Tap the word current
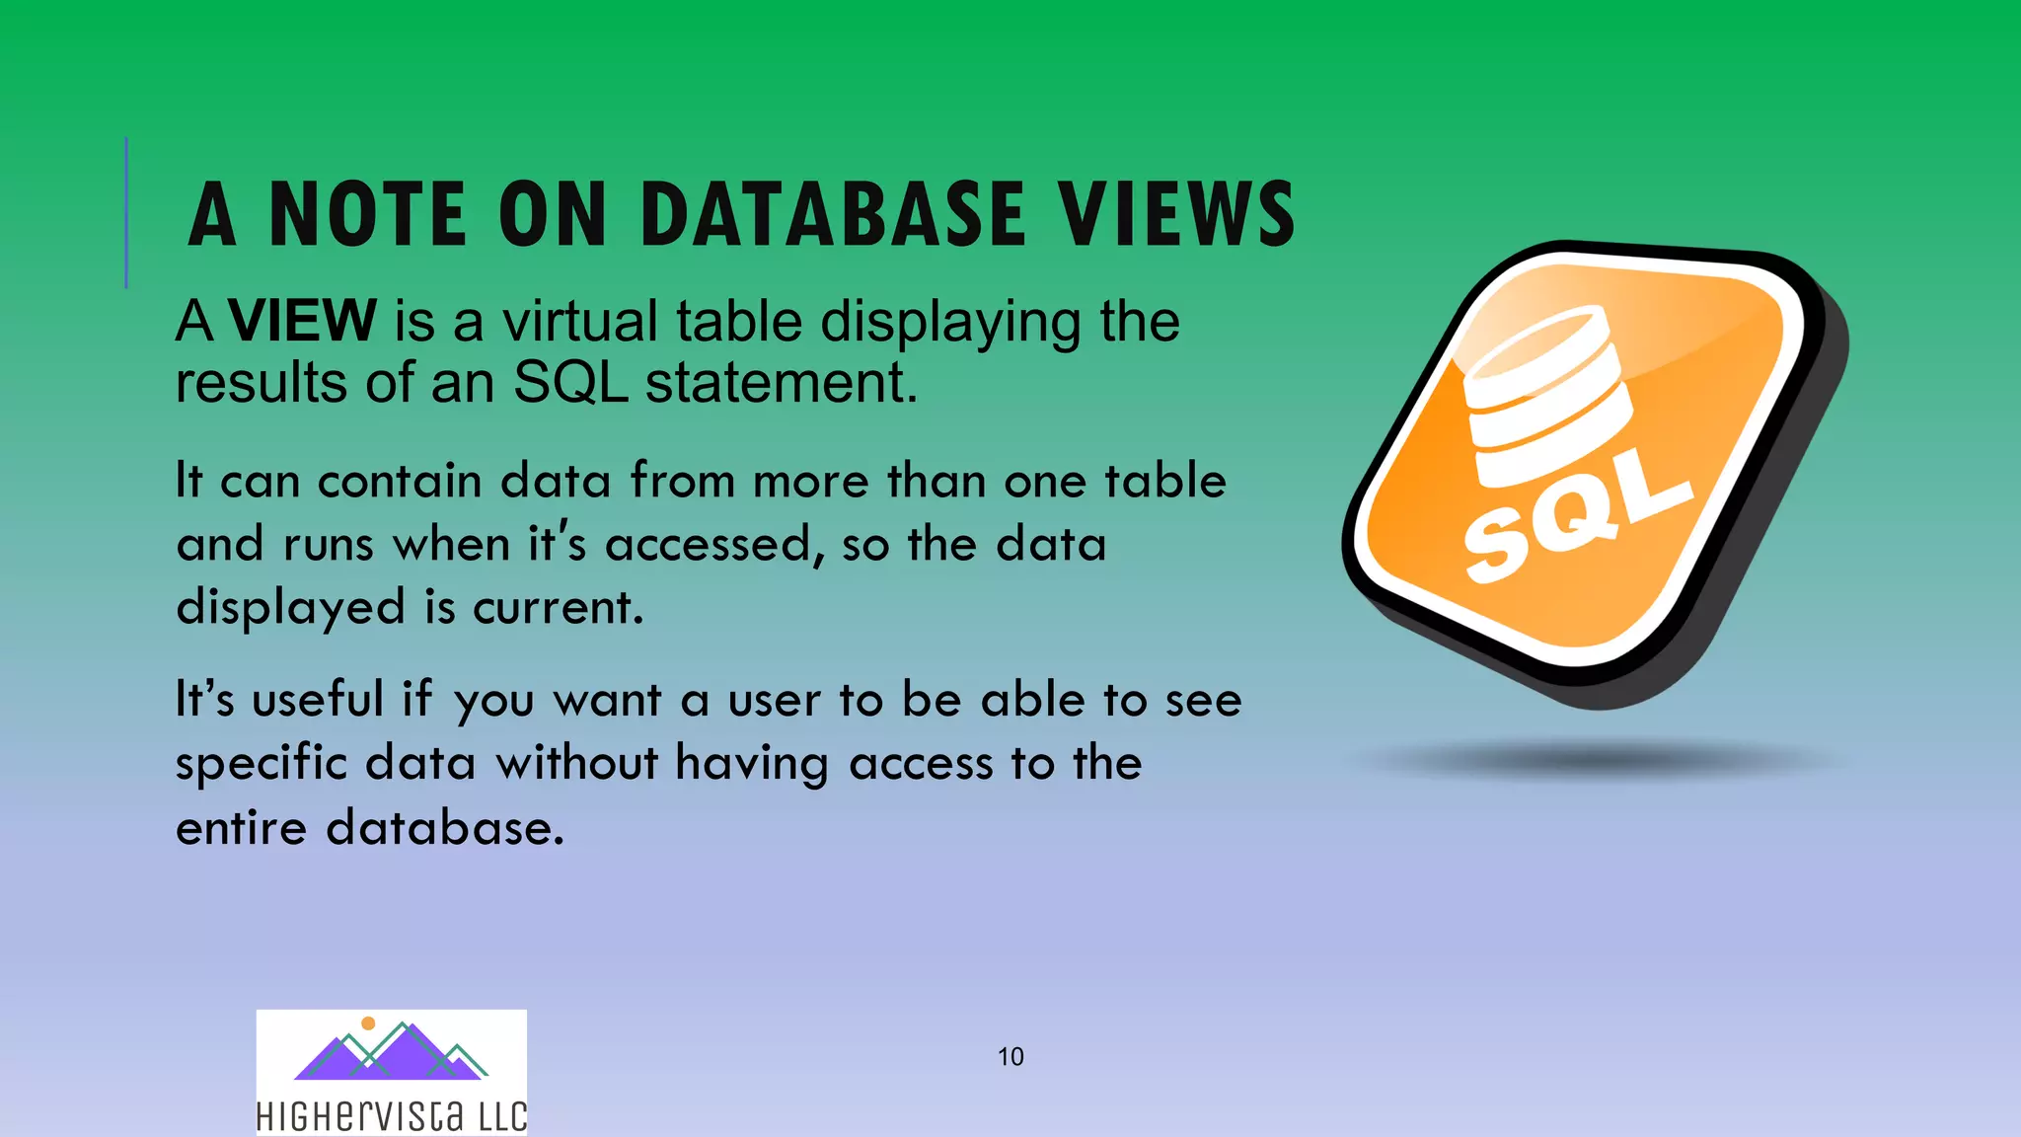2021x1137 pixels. click(558, 607)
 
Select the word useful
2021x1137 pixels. click(318, 700)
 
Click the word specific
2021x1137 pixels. click(262, 764)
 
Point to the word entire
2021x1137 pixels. click(241, 827)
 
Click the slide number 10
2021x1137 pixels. click(1010, 1057)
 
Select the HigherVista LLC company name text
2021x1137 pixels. click(392, 1116)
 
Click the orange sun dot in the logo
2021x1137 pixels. click(368, 1023)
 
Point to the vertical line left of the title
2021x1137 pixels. click(126, 212)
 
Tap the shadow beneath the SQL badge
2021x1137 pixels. click(1599, 760)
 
